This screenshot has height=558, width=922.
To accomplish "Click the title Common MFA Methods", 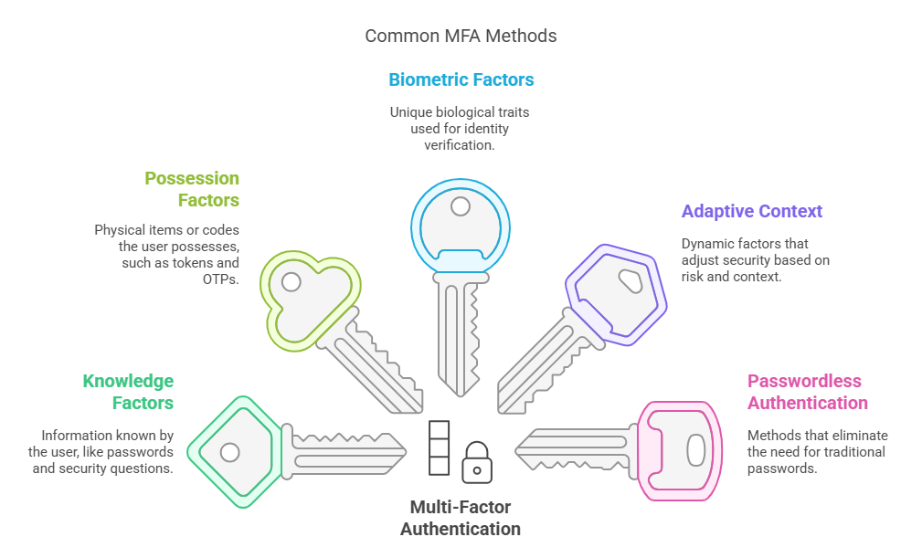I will tap(461, 37).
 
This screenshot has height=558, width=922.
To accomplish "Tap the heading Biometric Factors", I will tap(461, 79).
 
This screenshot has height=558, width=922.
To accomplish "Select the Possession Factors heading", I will tap(192, 189).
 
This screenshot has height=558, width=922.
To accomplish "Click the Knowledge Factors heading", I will tap(128, 392).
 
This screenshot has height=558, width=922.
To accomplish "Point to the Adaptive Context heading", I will tap(752, 211).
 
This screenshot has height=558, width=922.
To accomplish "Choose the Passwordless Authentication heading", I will tap(807, 392).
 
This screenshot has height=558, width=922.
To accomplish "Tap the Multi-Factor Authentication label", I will tap(461, 517).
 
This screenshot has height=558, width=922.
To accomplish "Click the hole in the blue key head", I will tap(461, 206).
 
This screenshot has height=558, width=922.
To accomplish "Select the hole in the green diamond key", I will tap(230, 451).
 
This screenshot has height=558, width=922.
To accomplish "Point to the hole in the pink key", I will tap(695, 449).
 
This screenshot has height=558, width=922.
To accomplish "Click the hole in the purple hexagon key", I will tap(631, 278).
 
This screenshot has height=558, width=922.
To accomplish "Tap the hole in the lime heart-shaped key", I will tap(291, 281).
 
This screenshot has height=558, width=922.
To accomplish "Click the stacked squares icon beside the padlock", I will tap(440, 447).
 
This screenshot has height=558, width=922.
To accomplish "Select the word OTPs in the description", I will tap(220, 279).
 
